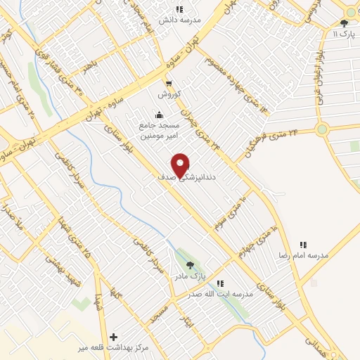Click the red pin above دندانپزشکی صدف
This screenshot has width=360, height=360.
pyautogui.click(x=181, y=165)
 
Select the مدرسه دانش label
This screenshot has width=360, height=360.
pyautogui.click(x=179, y=20)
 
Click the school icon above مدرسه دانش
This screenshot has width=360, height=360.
pyautogui.click(x=179, y=9)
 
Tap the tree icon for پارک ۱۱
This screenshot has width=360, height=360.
pyautogui.click(x=344, y=23)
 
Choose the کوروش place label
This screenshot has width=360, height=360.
pyautogui.click(x=169, y=94)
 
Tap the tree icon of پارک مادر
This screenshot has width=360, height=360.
pyautogui.click(x=190, y=265)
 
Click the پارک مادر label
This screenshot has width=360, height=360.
pyautogui.click(x=189, y=277)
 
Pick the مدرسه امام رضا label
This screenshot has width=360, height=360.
pyautogui.click(x=304, y=256)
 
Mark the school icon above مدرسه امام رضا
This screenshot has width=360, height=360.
pyautogui.click(x=303, y=245)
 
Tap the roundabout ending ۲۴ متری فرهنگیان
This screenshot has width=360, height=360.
pyautogui.click(x=322, y=129)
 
